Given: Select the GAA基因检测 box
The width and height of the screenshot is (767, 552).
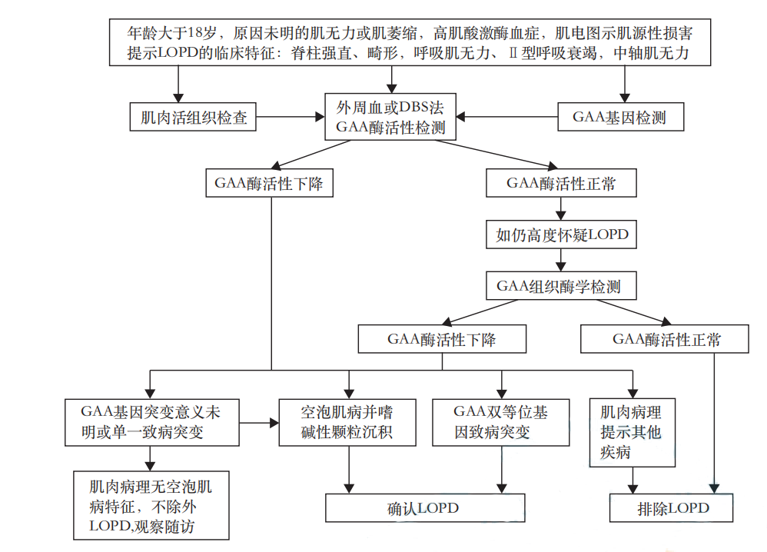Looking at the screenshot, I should click(619, 118).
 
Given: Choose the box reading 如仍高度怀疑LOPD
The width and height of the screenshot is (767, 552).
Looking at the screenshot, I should click(562, 234).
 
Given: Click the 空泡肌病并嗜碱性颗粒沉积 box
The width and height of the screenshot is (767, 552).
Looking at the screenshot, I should click(347, 421).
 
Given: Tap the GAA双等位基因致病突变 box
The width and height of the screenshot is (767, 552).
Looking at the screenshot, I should click(501, 421).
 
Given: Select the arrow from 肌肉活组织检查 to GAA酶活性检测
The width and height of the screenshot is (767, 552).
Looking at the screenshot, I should click(289, 118).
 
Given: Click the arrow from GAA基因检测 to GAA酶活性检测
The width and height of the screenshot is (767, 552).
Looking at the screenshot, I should click(507, 118).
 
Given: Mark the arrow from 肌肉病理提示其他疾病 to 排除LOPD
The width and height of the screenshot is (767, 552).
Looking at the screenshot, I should click(632, 478).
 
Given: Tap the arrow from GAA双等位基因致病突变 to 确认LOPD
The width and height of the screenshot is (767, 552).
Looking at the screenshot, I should click(501, 470).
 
